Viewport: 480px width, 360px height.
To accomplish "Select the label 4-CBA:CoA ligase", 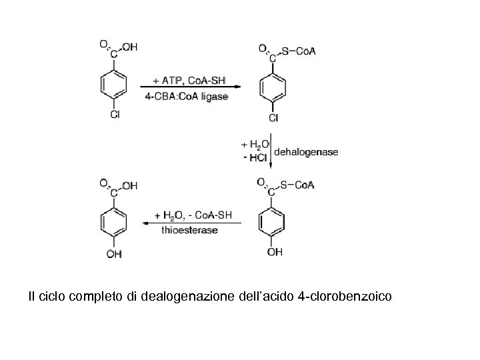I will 187,96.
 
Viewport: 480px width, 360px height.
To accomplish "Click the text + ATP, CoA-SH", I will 190,80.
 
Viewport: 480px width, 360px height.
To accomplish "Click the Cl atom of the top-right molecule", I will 273,118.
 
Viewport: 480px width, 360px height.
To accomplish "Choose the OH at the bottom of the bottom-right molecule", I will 275,252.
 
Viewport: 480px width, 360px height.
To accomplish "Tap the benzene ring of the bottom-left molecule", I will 114,222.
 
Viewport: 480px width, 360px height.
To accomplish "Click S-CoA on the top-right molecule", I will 299,51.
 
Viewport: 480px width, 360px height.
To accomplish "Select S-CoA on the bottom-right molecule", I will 297,185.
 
